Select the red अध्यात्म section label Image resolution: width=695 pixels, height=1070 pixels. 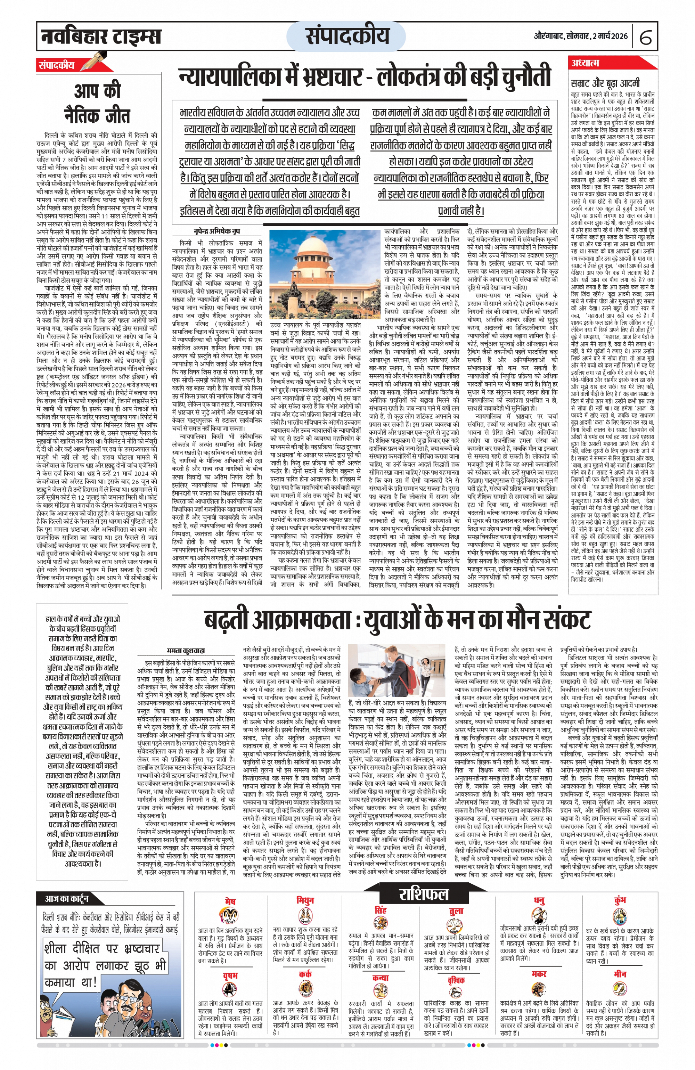(x=585, y=63)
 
